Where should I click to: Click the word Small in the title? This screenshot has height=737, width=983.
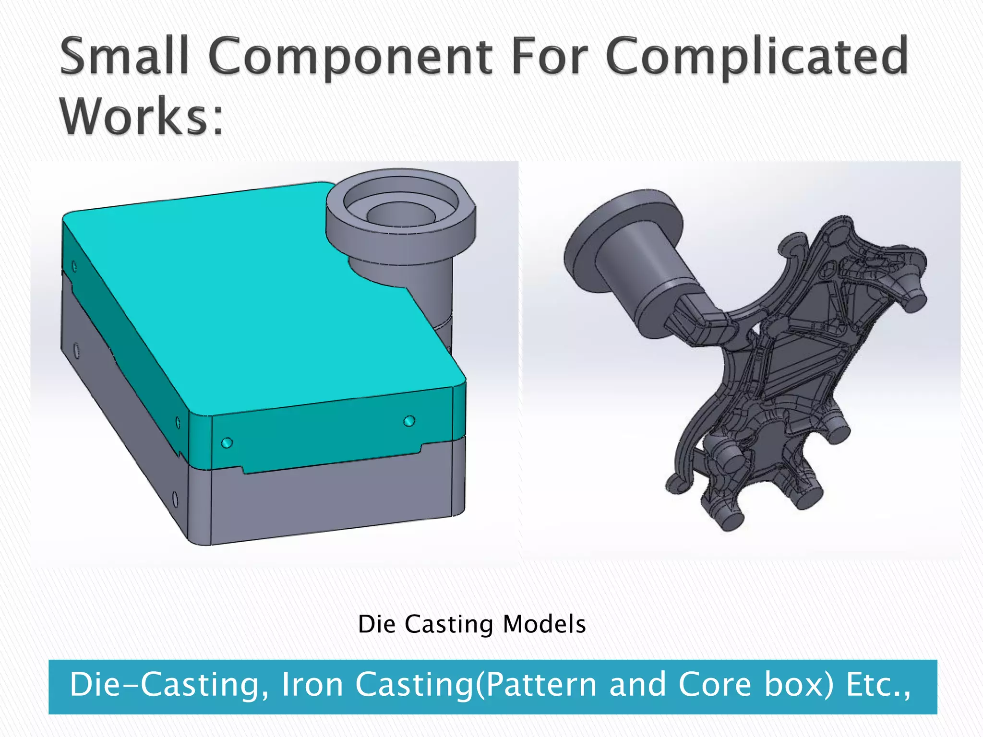(124, 56)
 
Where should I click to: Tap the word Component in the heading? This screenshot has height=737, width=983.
(350, 58)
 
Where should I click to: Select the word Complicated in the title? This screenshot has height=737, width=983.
(757, 58)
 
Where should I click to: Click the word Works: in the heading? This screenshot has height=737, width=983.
(142, 116)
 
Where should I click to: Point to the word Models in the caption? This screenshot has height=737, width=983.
(544, 624)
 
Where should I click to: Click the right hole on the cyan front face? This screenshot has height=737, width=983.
(409, 421)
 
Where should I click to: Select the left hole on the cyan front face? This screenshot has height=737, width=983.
(227, 442)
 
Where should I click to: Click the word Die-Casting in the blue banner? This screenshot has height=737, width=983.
(168, 685)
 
